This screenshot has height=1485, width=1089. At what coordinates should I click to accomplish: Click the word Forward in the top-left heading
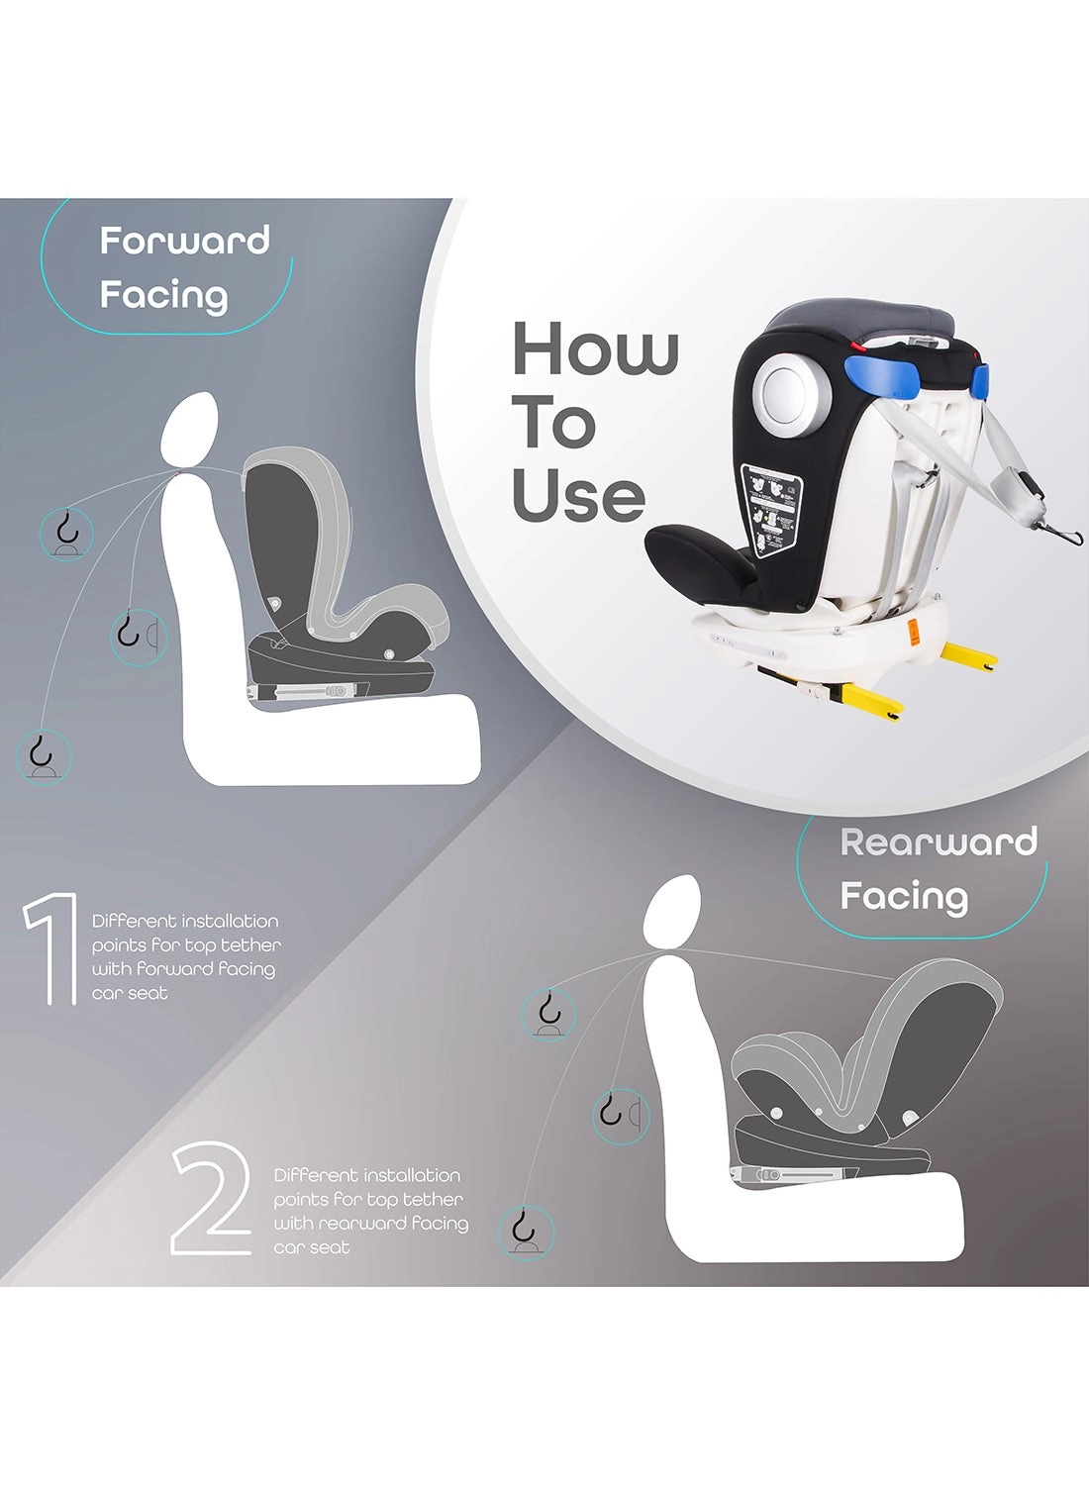[184, 241]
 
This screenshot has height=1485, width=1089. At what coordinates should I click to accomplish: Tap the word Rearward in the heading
[938, 842]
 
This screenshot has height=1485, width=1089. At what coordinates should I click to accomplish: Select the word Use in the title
[578, 496]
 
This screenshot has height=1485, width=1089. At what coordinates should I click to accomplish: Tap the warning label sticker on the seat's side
[772, 509]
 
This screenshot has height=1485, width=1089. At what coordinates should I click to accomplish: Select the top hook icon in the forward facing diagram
[66, 532]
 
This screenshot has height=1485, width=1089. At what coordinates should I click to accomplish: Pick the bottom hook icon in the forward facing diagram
[44, 755]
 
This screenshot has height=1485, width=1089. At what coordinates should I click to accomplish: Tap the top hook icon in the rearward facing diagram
[548, 1013]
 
